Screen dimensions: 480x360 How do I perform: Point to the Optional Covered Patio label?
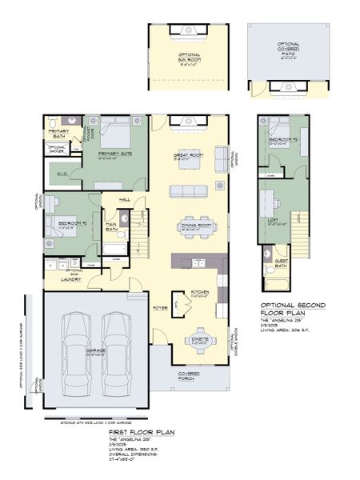[x=288, y=49]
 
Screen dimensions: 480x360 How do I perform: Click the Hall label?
[x=126, y=199]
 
